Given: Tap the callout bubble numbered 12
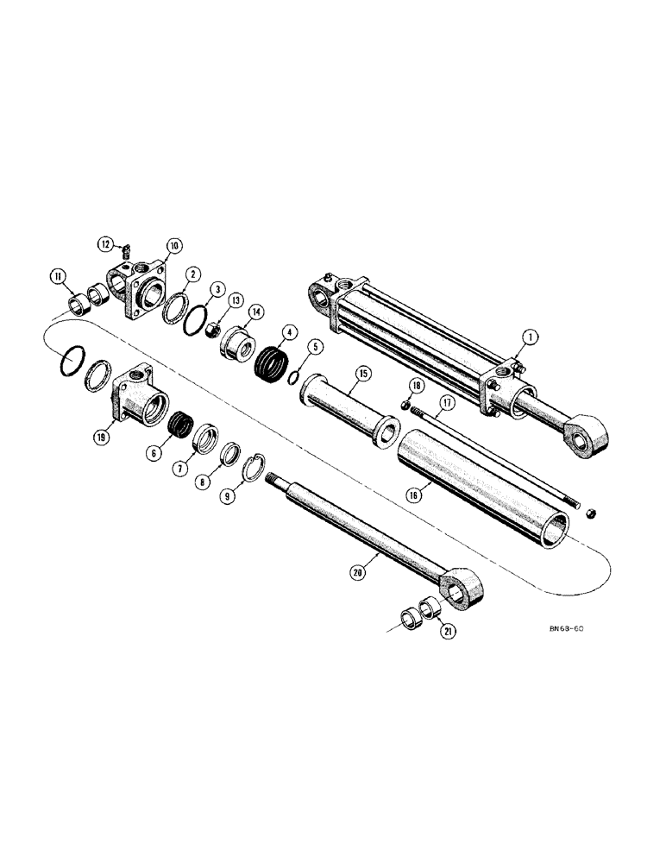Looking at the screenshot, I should [x=106, y=244].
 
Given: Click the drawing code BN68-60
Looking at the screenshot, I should [x=570, y=628].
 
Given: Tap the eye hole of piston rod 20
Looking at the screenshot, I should [x=456, y=590].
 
